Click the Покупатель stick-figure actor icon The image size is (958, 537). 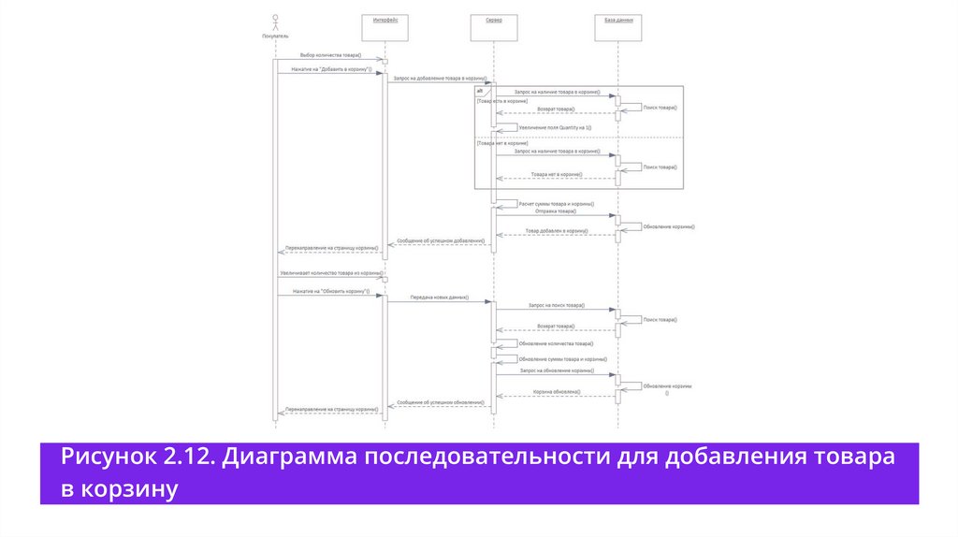pyautogui.click(x=275, y=22)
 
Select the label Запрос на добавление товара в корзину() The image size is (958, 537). pyautogui.click(x=439, y=79)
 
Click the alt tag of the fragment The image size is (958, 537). pyautogui.click(x=481, y=91)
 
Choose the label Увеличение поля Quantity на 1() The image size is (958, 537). pyautogui.click(x=556, y=127)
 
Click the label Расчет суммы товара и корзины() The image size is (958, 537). pyautogui.click(x=557, y=203)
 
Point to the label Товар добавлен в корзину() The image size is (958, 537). pyautogui.click(x=556, y=230)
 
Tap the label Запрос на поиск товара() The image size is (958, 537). pyautogui.click(x=556, y=306)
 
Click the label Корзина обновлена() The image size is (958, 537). pyautogui.click(x=556, y=391)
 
